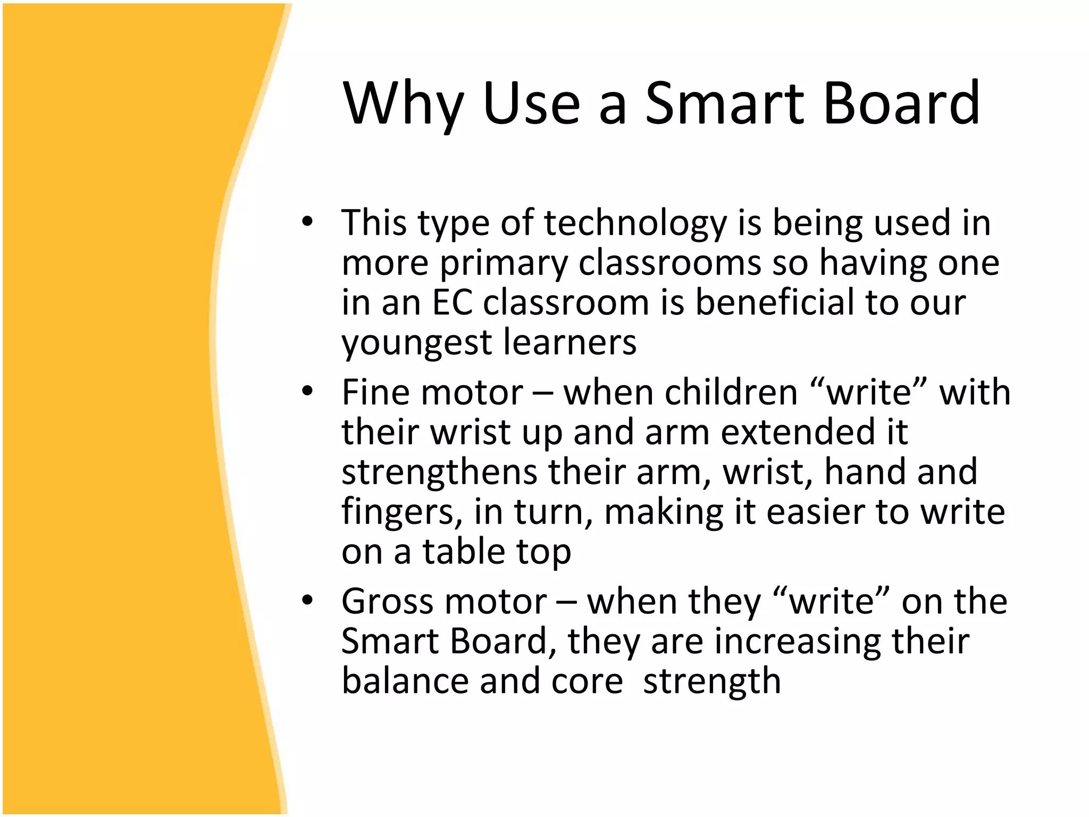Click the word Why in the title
[404, 103]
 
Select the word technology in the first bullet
[635, 223]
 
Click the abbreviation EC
[453, 303]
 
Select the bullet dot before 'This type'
[307, 222]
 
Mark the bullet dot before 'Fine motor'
[307, 391]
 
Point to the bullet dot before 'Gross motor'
[307, 601]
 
